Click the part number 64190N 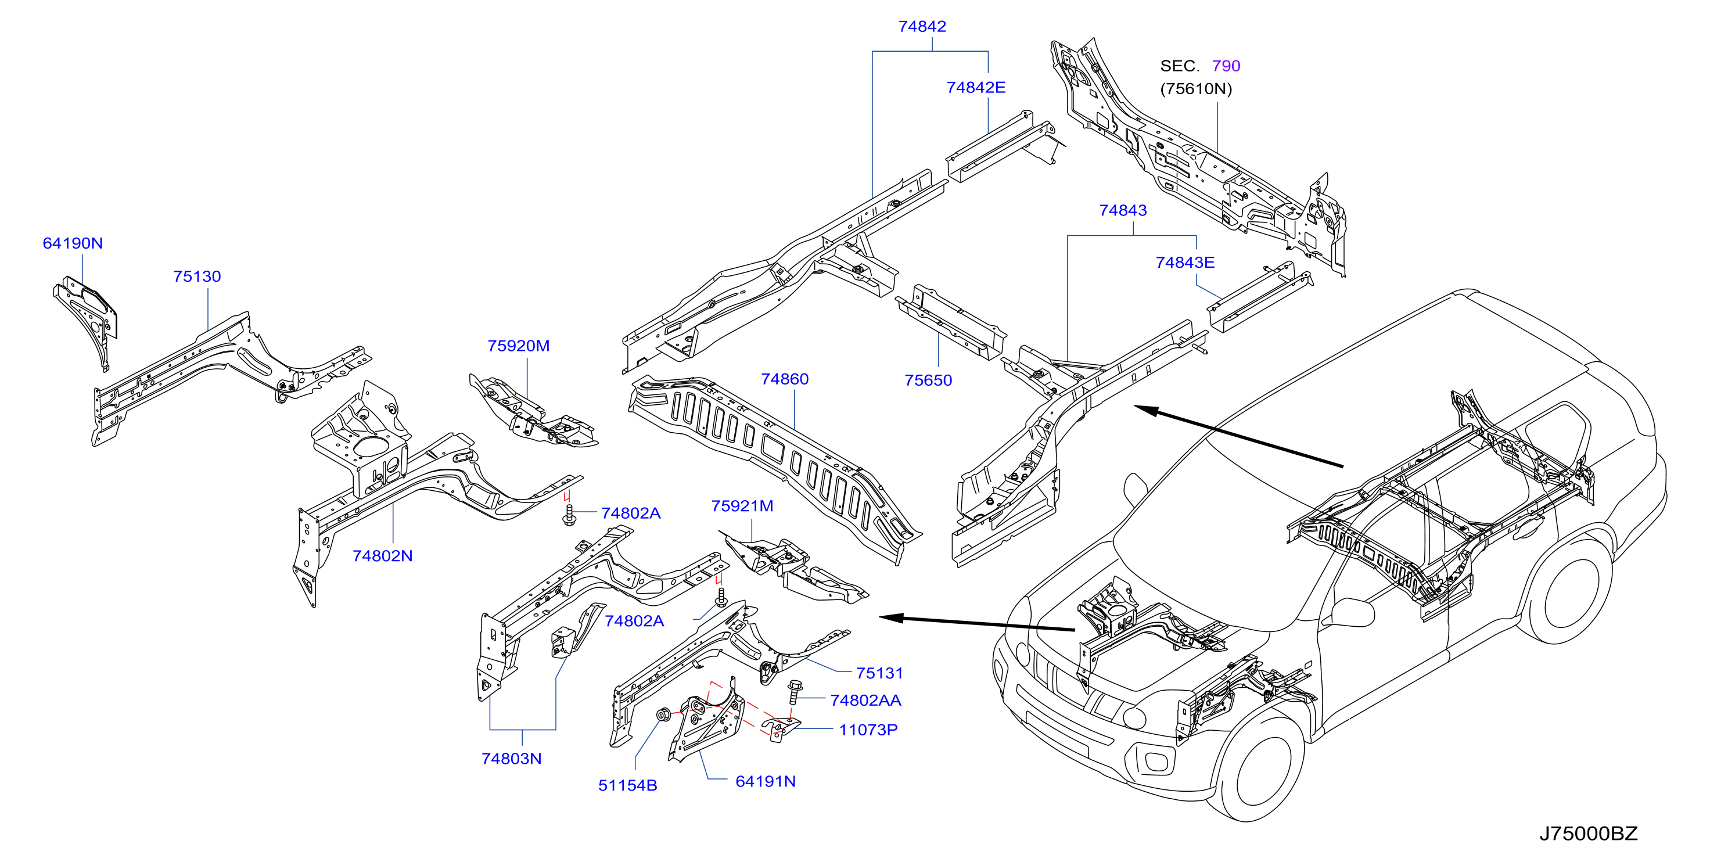click(x=73, y=243)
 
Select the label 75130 click(x=197, y=276)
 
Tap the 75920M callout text click(x=519, y=346)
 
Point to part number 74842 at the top click(x=922, y=27)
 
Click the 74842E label click(x=976, y=88)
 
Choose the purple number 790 click(x=1226, y=66)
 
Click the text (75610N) click(x=1195, y=89)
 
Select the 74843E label click(x=1185, y=263)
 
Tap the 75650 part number click(x=928, y=380)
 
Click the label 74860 click(x=785, y=379)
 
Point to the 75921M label click(x=742, y=506)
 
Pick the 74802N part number click(x=382, y=556)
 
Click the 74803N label click(x=511, y=759)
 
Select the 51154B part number click(x=627, y=786)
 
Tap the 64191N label click(x=766, y=782)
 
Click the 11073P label click(x=868, y=730)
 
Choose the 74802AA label click(x=865, y=701)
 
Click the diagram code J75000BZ click(x=1589, y=834)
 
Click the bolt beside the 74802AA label click(x=794, y=691)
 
